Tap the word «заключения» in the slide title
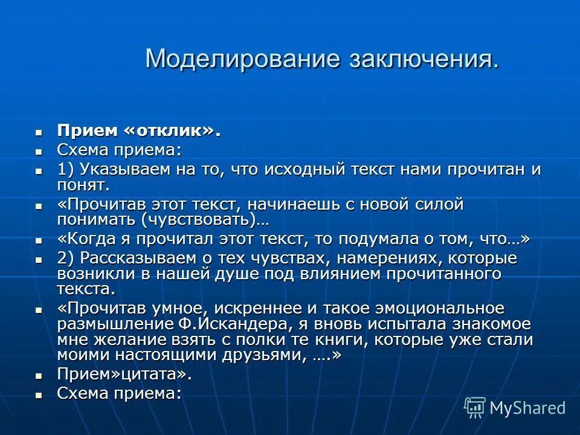(422, 59)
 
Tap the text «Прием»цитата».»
(124, 374)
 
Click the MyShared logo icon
(475, 407)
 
